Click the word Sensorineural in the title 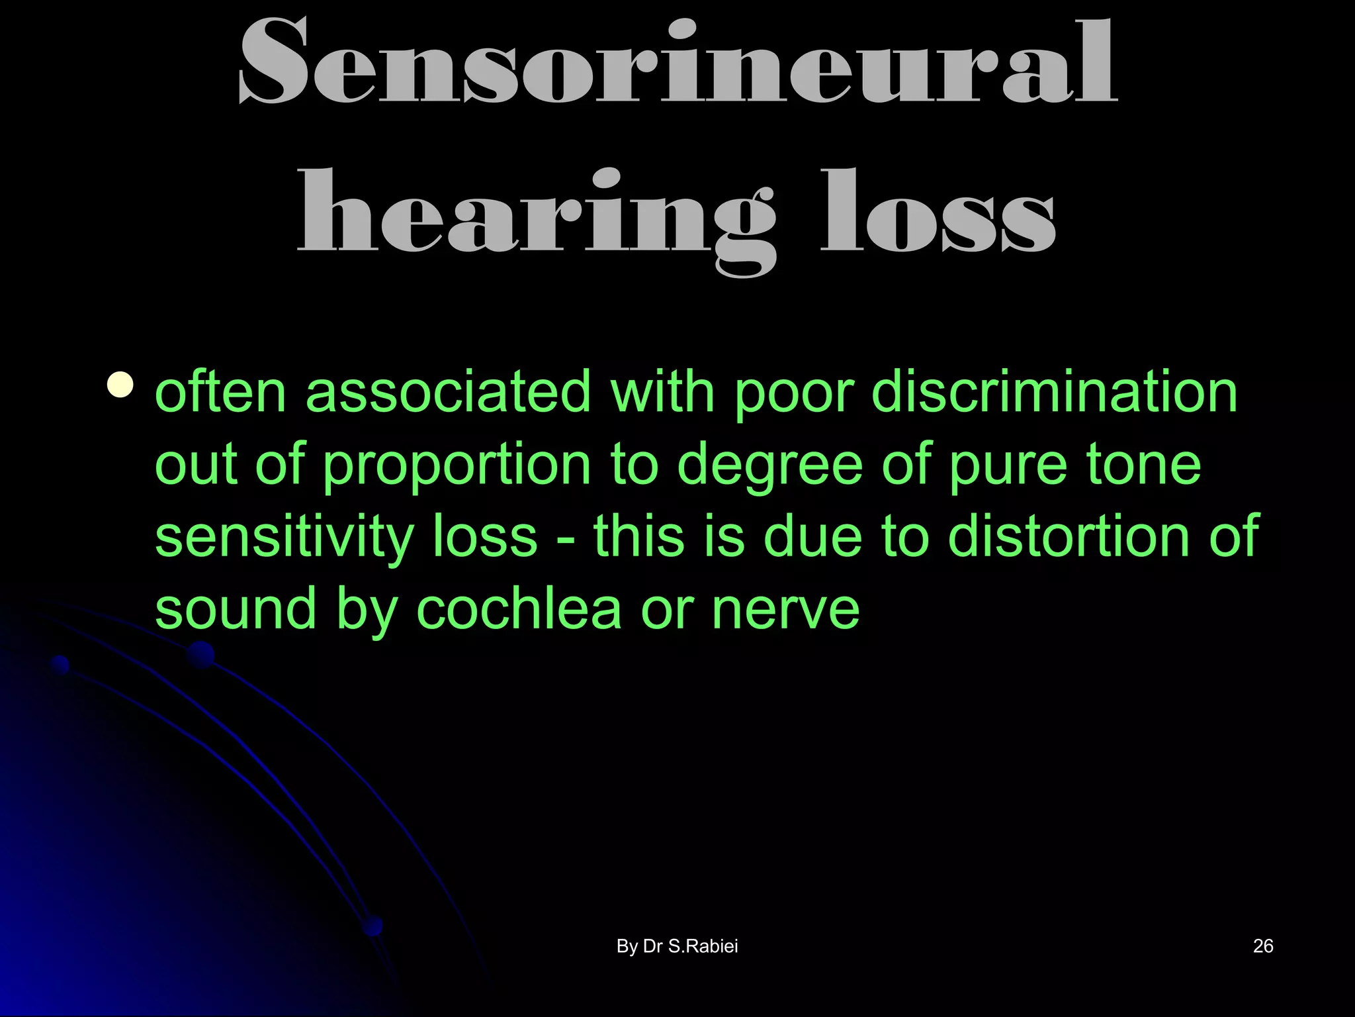click(677, 63)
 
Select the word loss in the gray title click(938, 212)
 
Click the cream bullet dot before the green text click(120, 385)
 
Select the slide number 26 click(1263, 946)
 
